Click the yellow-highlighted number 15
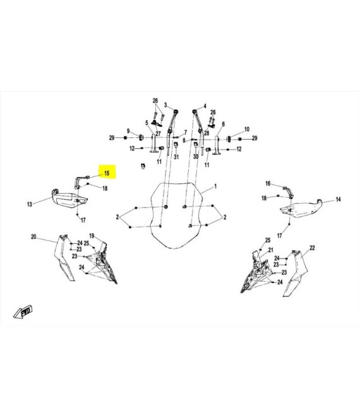tap(107, 173)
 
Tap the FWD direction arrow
tap(23, 311)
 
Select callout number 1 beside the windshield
tap(215, 186)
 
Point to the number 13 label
tap(30, 204)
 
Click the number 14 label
tap(338, 199)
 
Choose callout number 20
tap(33, 237)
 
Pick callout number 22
tap(312, 248)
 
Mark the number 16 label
tap(268, 183)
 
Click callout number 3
tap(165, 105)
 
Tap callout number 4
tap(205, 106)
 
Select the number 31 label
tap(176, 157)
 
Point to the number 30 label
tap(196, 157)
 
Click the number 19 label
tap(92, 236)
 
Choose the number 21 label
tap(271, 250)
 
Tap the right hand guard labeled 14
tap(302, 208)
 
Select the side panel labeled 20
tap(64, 257)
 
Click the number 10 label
tap(247, 130)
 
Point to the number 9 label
tap(128, 131)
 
